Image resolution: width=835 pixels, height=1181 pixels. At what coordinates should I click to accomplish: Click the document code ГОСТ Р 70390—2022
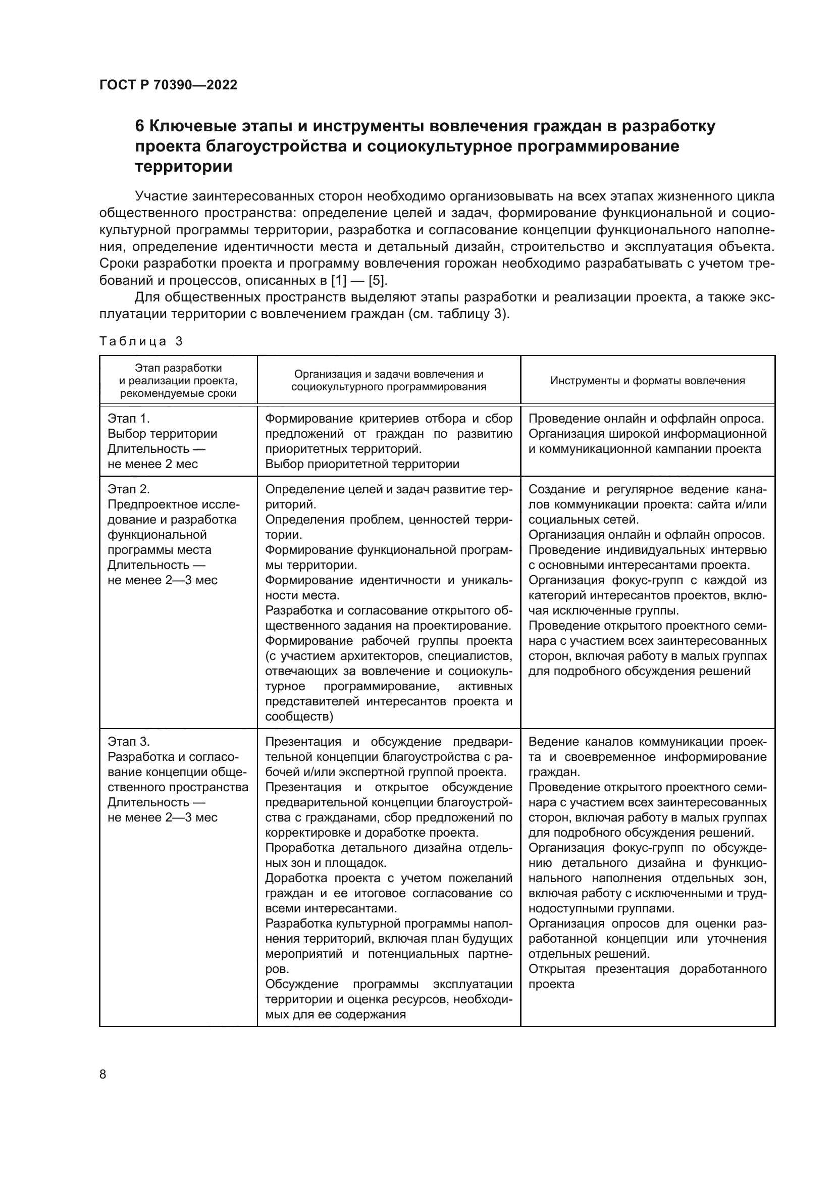coord(168,85)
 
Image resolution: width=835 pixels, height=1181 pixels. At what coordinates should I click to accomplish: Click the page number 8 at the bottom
coord(103,1074)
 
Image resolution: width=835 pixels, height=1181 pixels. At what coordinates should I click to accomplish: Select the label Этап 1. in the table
coord(129,418)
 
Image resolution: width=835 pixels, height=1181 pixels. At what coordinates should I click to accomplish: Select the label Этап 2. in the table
coord(129,489)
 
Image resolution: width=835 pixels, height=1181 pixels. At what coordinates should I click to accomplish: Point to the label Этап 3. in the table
coord(129,742)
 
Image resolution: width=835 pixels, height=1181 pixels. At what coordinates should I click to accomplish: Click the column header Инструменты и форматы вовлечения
coord(647,381)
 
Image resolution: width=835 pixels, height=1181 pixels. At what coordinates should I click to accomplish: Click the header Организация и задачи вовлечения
coord(389,375)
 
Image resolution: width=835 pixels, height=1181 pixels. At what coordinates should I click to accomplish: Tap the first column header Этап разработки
coord(178,368)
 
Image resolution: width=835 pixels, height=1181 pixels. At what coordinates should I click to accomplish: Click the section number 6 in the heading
coord(139,126)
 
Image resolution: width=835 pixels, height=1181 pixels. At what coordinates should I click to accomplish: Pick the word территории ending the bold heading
coord(184,167)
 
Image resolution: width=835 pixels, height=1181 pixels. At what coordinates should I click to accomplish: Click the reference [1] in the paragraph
coord(339,281)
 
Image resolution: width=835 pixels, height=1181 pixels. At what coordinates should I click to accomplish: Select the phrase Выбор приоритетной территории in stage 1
coord(362,464)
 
